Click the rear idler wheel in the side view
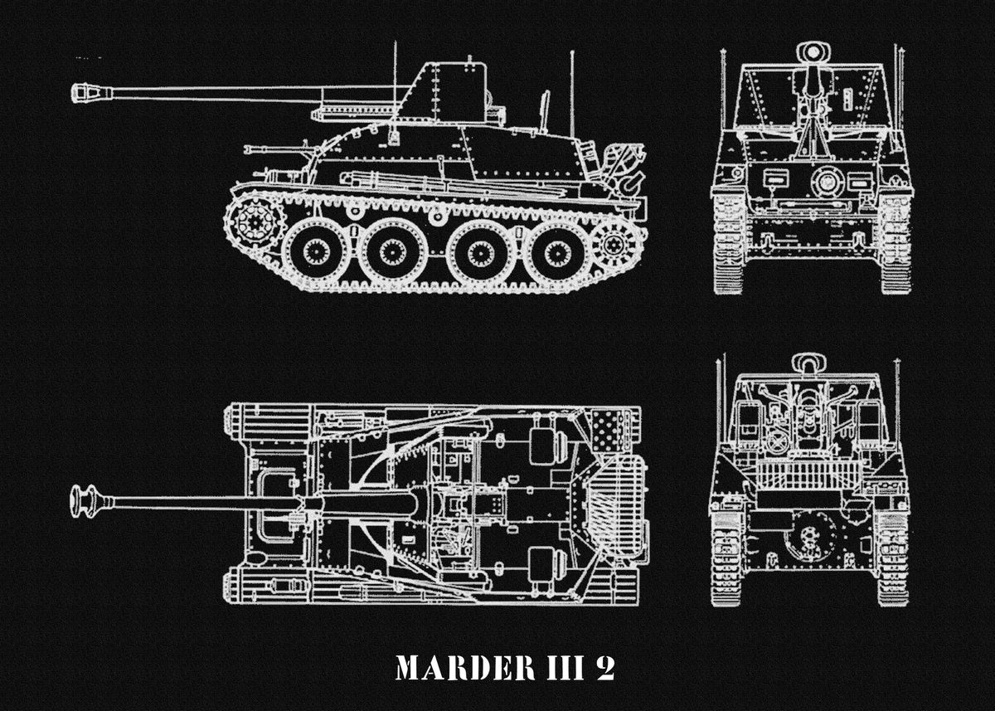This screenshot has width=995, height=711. pyautogui.click(x=614, y=242)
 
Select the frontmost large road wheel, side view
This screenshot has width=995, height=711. pyautogui.click(x=315, y=251)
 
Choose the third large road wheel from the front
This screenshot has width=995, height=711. pyautogui.click(x=480, y=251)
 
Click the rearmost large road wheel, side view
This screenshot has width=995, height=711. pyautogui.click(x=557, y=251)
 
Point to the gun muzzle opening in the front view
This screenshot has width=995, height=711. pyautogui.click(x=813, y=52)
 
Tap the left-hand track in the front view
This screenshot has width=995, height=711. pyautogui.click(x=730, y=245)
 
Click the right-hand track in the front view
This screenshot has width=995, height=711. pyautogui.click(x=895, y=245)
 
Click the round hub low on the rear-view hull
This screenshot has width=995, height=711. pyautogui.click(x=805, y=538)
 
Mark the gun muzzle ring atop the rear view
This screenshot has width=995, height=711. pyautogui.click(x=808, y=363)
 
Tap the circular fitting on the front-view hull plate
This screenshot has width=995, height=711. pyautogui.click(x=826, y=181)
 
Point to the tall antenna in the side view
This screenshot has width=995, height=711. pyautogui.click(x=571, y=91)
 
